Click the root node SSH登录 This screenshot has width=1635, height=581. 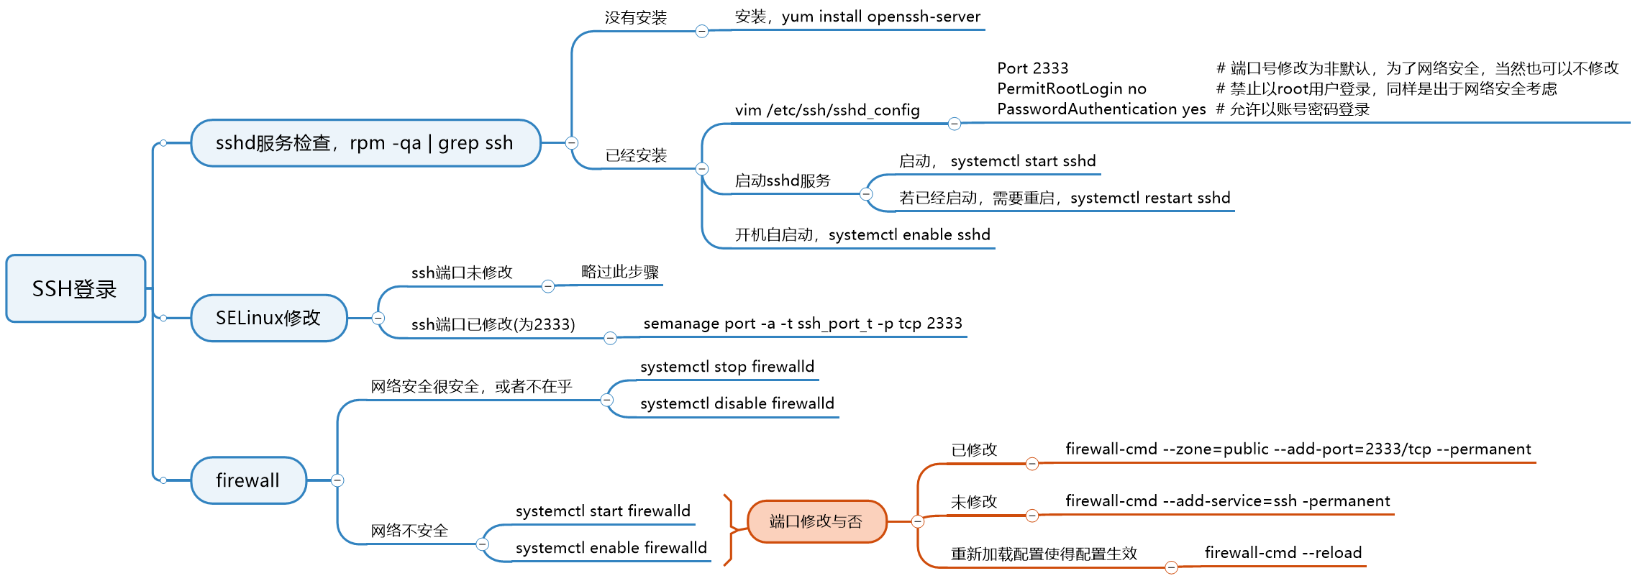(76, 288)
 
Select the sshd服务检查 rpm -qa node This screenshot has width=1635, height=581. (365, 143)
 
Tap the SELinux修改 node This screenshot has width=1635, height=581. (268, 318)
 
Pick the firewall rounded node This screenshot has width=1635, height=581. (248, 480)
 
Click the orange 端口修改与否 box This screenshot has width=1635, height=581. (816, 521)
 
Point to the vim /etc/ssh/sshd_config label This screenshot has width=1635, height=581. (827, 110)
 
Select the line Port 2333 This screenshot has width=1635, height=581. (1033, 68)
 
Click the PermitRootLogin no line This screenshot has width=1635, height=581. (1072, 88)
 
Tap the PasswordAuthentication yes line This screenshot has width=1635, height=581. (1101, 109)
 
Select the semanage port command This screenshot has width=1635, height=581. (803, 324)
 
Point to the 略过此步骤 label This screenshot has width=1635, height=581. (620, 272)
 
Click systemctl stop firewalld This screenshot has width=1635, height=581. (727, 367)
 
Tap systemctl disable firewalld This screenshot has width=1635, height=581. (737, 403)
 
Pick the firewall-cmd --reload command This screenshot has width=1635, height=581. (1283, 552)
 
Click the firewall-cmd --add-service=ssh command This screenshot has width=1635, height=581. (1227, 500)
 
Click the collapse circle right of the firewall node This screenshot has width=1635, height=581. (337, 480)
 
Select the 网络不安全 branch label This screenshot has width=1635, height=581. (409, 531)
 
